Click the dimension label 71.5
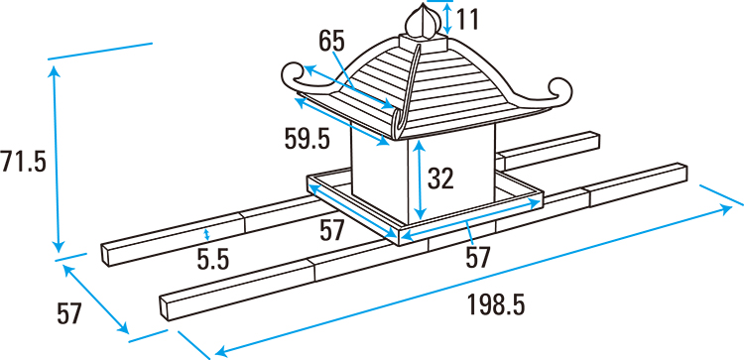[x=23, y=163]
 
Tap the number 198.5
[x=496, y=304]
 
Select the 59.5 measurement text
[x=307, y=140]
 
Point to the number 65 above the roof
[x=331, y=41]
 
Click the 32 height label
[x=440, y=179]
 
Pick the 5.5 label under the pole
[x=213, y=260]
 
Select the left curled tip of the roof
[x=297, y=76]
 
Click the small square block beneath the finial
[x=424, y=43]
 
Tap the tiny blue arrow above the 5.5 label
[x=206, y=234]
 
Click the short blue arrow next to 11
[x=446, y=18]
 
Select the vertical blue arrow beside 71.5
[x=56, y=160]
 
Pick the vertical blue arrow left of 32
[x=420, y=180]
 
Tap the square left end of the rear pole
[x=106, y=255]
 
